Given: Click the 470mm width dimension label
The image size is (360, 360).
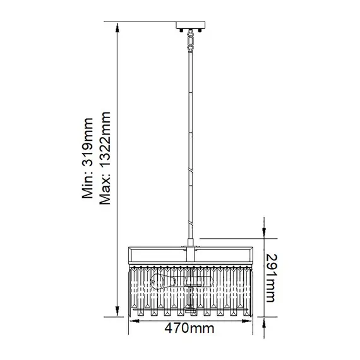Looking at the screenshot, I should [189, 328].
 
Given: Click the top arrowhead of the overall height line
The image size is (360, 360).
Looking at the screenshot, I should [117, 26].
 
